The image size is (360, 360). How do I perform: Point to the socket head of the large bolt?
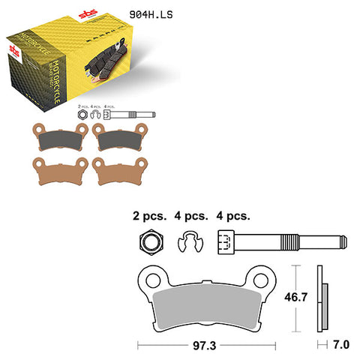click(x=228, y=242)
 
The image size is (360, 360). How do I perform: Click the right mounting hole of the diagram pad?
click(x=261, y=281)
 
